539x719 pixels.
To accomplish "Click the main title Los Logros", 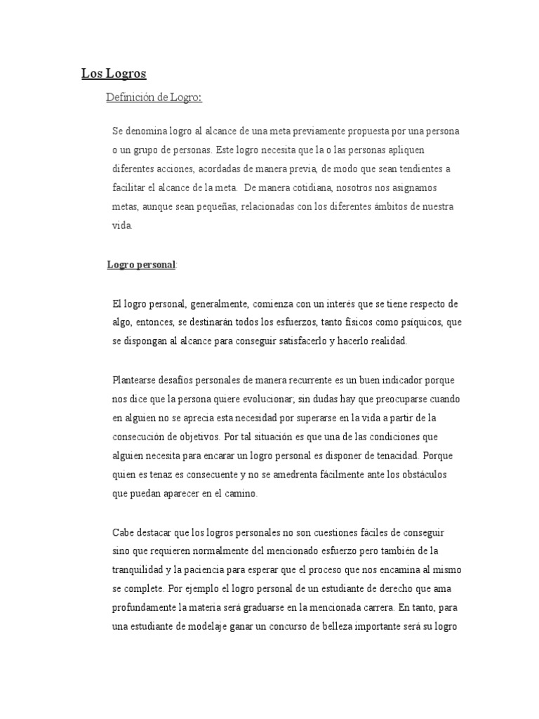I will click(114, 73).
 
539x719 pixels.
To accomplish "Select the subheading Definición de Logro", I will click(153, 97).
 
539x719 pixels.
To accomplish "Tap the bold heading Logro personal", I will click(141, 265).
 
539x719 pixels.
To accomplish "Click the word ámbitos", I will click(396, 207).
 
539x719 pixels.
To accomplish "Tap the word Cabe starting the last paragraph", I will click(122, 532).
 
